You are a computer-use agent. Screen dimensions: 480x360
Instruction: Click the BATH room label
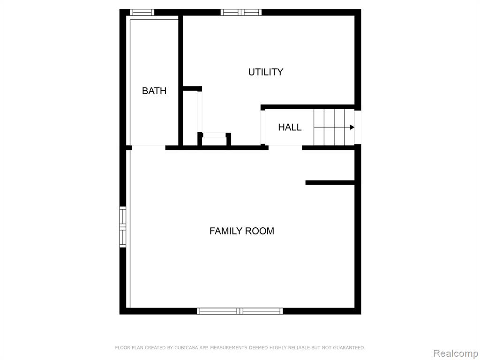pyautogui.click(x=154, y=91)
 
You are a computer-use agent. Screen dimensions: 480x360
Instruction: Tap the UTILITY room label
pyautogui.click(x=265, y=72)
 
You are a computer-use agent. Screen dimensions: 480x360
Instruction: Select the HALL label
pyautogui.click(x=290, y=127)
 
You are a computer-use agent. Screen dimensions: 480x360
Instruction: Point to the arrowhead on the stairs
pyautogui.click(x=352, y=127)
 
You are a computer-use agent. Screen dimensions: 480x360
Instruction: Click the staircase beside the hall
pyautogui.click(x=334, y=127)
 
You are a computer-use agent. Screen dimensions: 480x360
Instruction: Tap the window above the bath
pyautogui.click(x=142, y=12)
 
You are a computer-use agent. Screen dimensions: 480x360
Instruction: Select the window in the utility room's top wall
pyautogui.click(x=241, y=12)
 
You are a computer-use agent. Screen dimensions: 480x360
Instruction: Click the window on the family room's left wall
pyautogui.click(x=122, y=227)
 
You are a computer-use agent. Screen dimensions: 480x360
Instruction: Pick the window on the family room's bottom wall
pyautogui.click(x=240, y=311)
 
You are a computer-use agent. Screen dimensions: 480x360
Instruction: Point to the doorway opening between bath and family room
pyautogui.click(x=149, y=148)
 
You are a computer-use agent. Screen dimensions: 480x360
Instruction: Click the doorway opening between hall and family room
pyautogui.click(x=285, y=148)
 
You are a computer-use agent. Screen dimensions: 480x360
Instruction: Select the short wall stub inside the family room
pyautogui.click(x=330, y=183)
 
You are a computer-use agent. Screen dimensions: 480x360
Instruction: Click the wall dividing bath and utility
pyautogui.click(x=180, y=80)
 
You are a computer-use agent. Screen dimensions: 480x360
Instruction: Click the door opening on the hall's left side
pyautogui.click(x=262, y=127)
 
